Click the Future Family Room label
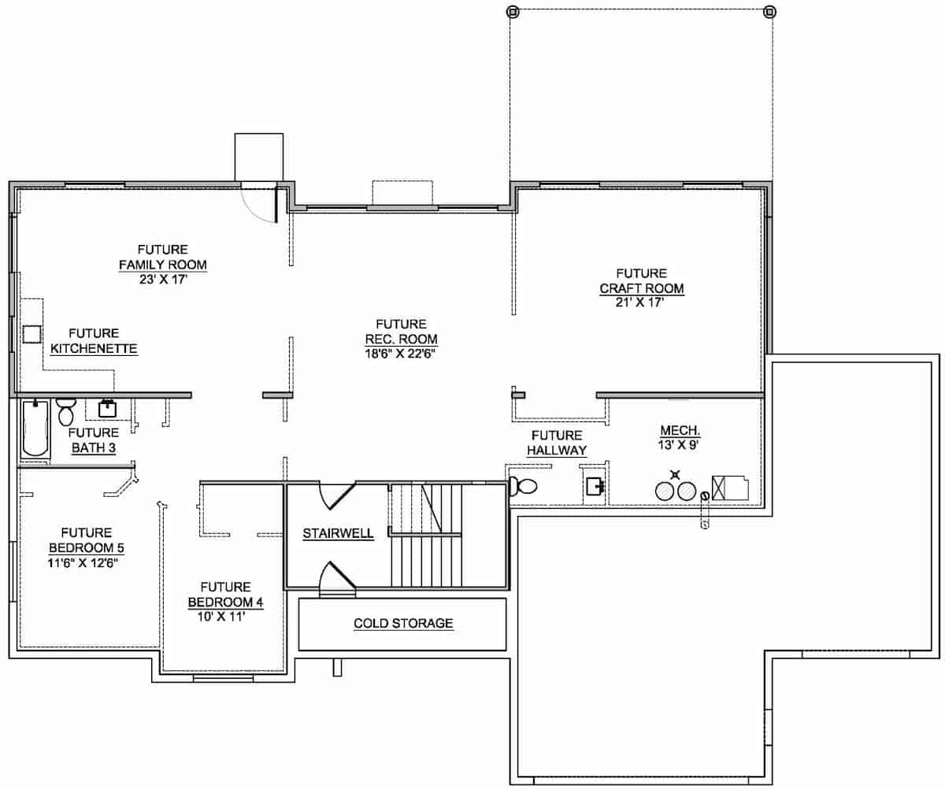click(x=162, y=257)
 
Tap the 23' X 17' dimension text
click(x=162, y=279)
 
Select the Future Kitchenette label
click(x=94, y=340)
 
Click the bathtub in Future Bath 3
click(x=36, y=428)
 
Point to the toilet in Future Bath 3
click(x=65, y=411)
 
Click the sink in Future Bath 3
click(x=107, y=409)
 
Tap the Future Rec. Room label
click(x=401, y=332)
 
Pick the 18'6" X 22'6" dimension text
click(x=401, y=354)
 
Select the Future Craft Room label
click(x=641, y=280)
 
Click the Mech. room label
click(x=680, y=430)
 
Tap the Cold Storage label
click(x=402, y=623)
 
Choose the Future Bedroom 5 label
click(x=86, y=540)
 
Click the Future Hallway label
click(x=557, y=443)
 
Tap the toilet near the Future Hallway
click(x=523, y=487)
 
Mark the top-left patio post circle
click(x=513, y=12)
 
